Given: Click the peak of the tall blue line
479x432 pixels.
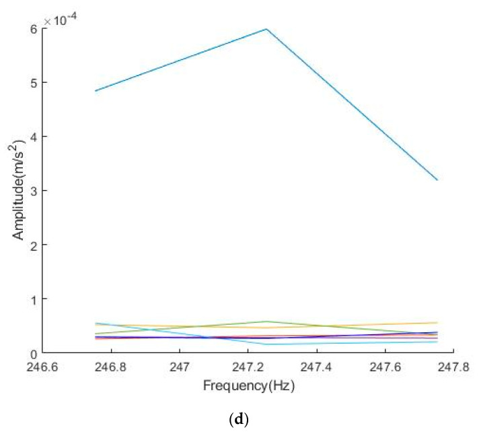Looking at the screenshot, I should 267,29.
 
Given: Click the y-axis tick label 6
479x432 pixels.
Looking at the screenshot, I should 34,28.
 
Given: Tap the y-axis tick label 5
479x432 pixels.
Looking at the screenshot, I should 34,83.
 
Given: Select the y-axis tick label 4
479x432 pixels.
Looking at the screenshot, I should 34,137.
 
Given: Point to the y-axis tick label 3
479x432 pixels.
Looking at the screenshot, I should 34,191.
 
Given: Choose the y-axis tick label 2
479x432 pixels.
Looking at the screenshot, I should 34,245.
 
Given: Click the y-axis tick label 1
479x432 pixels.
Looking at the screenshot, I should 34,299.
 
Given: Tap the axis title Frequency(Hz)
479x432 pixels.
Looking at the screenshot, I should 250,388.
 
